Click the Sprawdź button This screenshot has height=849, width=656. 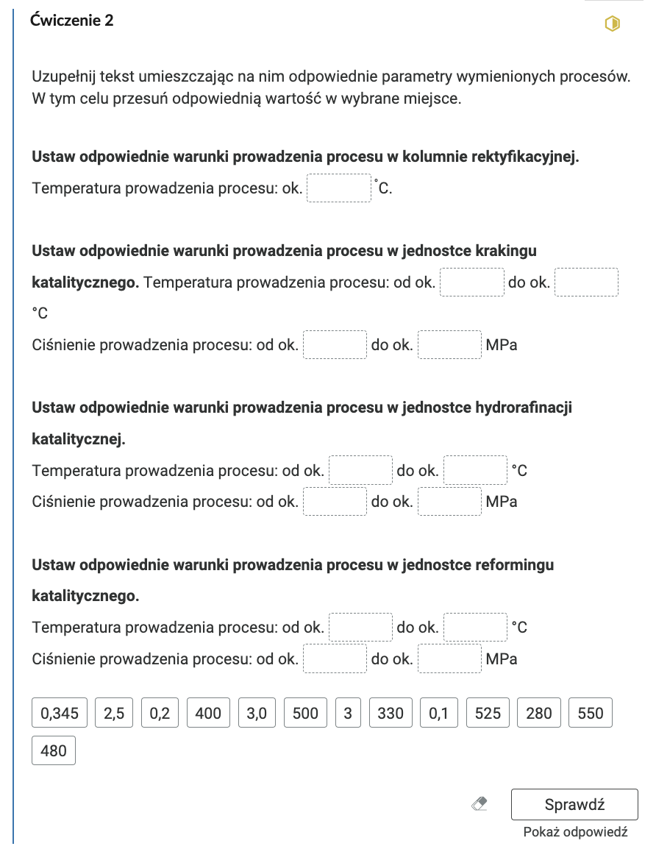pyautogui.click(x=574, y=804)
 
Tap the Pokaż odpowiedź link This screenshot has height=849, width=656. pyautogui.click(x=575, y=832)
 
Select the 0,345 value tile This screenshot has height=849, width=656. pyautogui.click(x=60, y=713)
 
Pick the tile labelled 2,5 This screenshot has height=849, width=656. pyautogui.click(x=114, y=713)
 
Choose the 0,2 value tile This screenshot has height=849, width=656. pyautogui.click(x=160, y=713)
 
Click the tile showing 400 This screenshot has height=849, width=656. pyautogui.click(x=209, y=713)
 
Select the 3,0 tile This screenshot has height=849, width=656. pyautogui.click(x=257, y=713)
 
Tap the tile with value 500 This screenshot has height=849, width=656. pyautogui.click(x=305, y=713)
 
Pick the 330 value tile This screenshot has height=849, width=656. pyautogui.click(x=391, y=713)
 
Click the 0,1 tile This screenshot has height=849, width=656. pyautogui.click(x=438, y=713)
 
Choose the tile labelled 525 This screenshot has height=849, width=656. pyautogui.click(x=488, y=713)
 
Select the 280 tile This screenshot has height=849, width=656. pyautogui.click(x=539, y=713)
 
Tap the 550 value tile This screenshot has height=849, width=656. pyautogui.click(x=591, y=713)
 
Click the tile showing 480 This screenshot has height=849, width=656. pyautogui.click(x=54, y=751)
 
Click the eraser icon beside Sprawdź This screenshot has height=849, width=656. pyautogui.click(x=479, y=805)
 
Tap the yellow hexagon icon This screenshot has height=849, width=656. pyautogui.click(x=612, y=24)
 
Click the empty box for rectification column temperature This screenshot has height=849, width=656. pyautogui.click(x=338, y=188)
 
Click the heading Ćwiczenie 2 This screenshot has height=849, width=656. pyautogui.click(x=72, y=21)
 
